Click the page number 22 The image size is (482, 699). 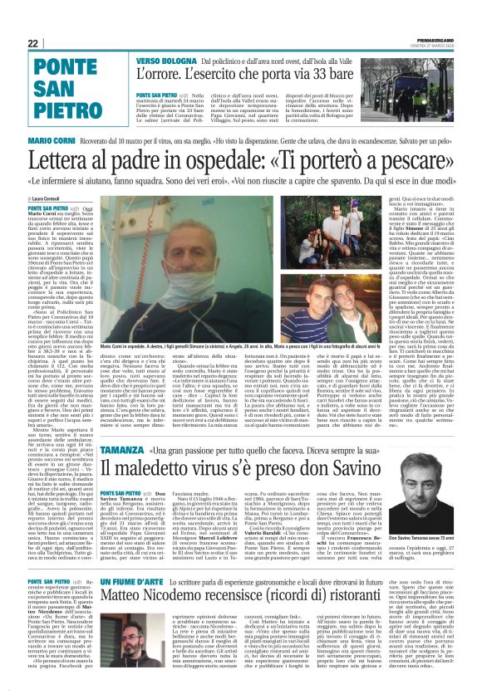coord(32,43)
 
